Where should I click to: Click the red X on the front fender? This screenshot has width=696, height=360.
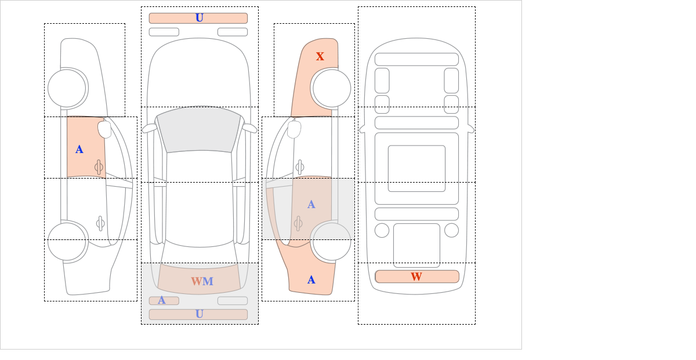click(x=320, y=56)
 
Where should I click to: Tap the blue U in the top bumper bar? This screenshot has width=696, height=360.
click(x=200, y=18)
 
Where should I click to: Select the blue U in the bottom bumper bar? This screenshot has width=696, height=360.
click(x=200, y=314)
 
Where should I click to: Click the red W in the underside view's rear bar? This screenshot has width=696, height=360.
click(x=416, y=277)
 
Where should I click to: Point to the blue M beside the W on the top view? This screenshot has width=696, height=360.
click(x=208, y=281)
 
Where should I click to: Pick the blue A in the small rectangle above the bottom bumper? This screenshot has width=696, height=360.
click(x=162, y=300)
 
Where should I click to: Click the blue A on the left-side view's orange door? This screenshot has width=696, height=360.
click(x=79, y=150)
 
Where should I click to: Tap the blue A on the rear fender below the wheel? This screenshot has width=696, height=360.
click(x=311, y=280)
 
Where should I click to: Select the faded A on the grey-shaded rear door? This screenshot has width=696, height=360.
click(x=311, y=205)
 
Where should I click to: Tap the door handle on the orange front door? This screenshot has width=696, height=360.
click(x=99, y=168)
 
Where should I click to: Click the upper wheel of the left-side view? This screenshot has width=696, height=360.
click(x=67, y=88)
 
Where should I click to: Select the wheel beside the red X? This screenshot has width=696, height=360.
click(x=332, y=88)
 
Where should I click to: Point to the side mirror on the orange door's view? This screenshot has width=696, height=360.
click(x=105, y=129)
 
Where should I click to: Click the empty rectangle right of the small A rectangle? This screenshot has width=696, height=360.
click(x=233, y=301)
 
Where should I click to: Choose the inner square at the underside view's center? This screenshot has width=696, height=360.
click(x=416, y=168)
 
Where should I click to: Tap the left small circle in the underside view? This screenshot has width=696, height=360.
click(x=382, y=231)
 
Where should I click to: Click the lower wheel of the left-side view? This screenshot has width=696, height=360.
click(x=67, y=241)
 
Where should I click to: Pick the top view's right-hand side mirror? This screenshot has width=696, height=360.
click(x=250, y=128)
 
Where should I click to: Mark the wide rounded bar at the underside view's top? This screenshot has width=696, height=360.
click(x=416, y=59)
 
